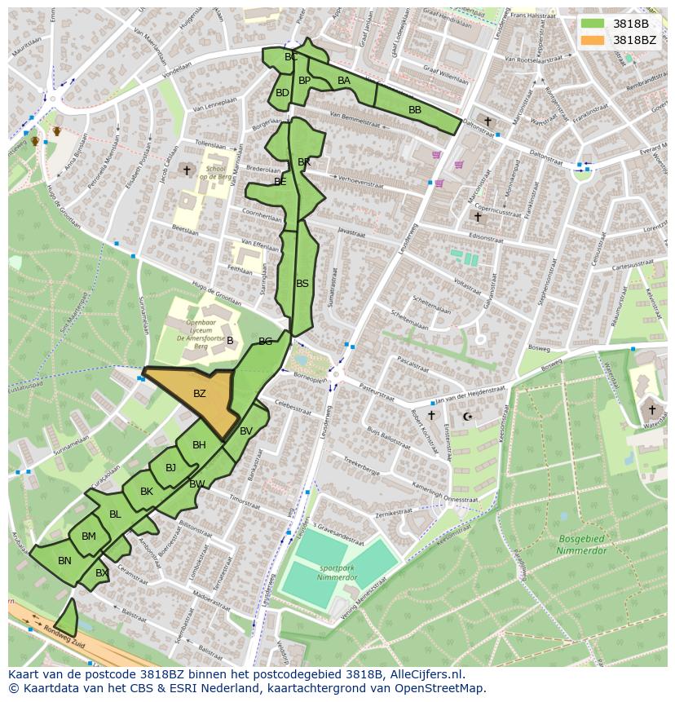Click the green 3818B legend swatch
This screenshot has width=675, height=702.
point(593,24)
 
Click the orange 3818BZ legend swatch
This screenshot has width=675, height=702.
point(593,39)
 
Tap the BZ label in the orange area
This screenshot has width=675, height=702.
point(200,394)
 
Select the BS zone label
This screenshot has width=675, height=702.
point(302,284)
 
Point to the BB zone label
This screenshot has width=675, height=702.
point(415,109)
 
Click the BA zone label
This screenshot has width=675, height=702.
point(344,80)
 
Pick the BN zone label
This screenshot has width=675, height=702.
point(64,560)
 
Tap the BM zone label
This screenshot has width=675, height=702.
point(89,536)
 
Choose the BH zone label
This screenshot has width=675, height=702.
point(199,444)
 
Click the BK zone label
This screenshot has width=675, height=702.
point(147,491)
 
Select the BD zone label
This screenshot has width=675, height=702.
point(282,93)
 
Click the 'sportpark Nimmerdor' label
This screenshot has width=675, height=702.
point(339,572)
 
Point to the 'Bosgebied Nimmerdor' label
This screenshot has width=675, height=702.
point(583,545)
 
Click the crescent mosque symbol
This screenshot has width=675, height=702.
point(467,417)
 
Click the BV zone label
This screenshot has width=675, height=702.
point(246,430)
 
